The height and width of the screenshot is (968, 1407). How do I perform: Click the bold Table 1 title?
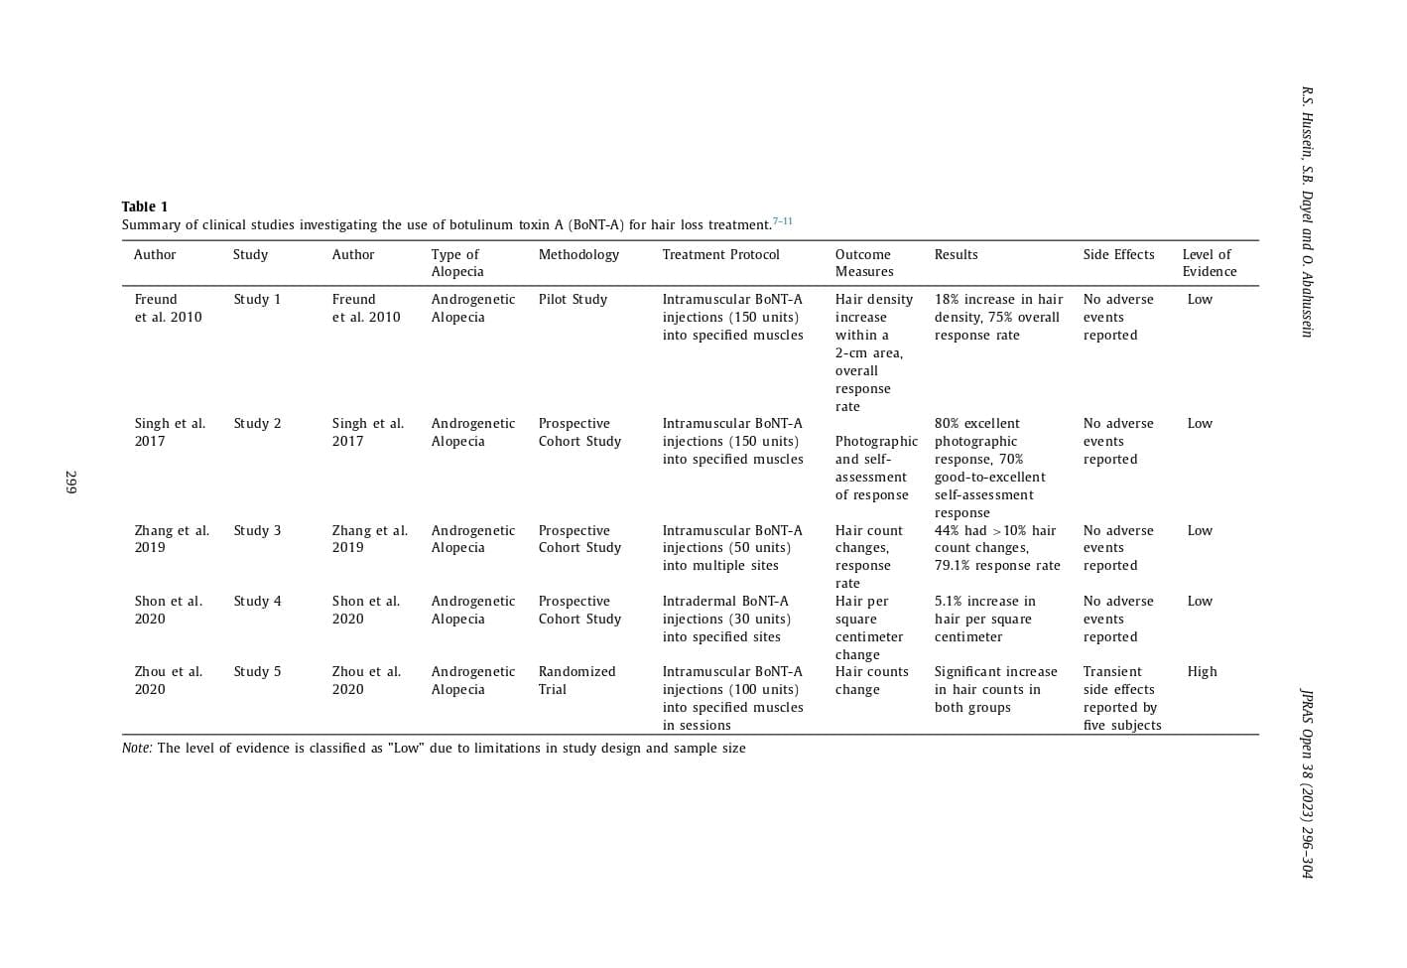(145, 207)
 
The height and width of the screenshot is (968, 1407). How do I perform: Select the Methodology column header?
(578, 255)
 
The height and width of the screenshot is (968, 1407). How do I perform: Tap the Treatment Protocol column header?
(720, 255)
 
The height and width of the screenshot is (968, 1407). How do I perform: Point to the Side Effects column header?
(1118, 255)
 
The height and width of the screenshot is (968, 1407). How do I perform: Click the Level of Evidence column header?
(1209, 263)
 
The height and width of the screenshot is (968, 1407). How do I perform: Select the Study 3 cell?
(257, 531)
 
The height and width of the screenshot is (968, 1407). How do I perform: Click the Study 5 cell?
(257, 672)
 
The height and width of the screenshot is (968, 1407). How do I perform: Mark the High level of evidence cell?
(1202, 672)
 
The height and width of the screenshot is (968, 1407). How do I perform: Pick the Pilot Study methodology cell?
(573, 300)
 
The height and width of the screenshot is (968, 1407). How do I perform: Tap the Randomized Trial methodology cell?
(576, 681)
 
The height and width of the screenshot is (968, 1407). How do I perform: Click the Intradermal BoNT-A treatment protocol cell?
(726, 620)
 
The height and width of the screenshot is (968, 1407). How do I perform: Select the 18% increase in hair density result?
(997, 318)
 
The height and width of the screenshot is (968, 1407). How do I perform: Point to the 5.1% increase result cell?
(984, 620)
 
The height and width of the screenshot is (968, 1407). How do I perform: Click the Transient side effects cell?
(1121, 699)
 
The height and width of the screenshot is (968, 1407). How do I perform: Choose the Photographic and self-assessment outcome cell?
(875, 469)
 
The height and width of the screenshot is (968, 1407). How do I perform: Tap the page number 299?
(70, 483)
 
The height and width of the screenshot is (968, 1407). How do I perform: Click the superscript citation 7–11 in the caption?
(783, 221)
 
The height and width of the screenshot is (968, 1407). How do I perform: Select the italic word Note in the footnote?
(137, 749)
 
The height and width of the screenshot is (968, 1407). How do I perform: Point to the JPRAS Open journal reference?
(1307, 783)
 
